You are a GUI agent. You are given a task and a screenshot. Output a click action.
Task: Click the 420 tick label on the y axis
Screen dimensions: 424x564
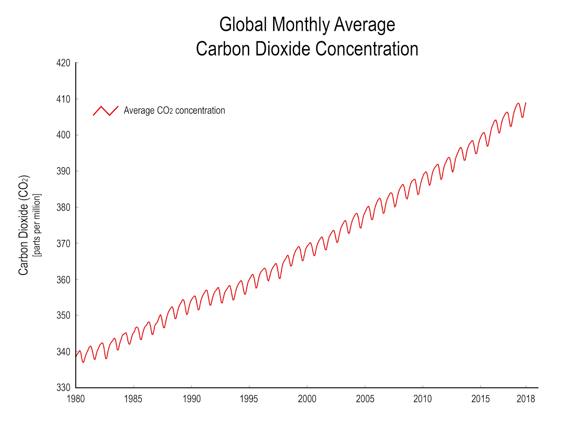[63, 63]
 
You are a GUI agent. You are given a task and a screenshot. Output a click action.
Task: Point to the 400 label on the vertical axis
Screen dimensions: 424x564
[63, 135]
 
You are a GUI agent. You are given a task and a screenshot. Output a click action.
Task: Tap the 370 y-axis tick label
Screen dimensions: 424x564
[63, 243]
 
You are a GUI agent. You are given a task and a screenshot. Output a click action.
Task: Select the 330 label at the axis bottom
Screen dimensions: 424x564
[63, 387]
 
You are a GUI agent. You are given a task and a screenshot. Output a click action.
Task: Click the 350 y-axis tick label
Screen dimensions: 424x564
[63, 315]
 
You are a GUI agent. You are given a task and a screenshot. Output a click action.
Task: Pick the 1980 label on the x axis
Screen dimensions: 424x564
[76, 399]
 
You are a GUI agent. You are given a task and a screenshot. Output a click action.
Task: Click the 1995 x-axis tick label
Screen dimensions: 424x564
[249, 399]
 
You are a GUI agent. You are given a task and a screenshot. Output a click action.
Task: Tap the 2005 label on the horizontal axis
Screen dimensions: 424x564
[365, 399]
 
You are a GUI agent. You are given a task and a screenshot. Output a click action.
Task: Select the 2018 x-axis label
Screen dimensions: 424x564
[526, 399]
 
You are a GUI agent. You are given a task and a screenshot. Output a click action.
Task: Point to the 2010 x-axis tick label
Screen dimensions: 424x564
[422, 399]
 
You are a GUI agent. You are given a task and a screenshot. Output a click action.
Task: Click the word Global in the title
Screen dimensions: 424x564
[243, 25]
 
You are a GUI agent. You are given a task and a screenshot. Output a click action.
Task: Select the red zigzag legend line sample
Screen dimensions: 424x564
[106, 111]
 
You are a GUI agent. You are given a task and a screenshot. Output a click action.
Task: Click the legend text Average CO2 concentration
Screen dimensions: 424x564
[174, 111]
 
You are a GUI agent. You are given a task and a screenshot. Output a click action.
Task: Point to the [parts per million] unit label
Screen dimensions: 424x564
[37, 225]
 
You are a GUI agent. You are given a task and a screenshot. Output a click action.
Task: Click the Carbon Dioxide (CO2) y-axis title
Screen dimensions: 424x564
[23, 225]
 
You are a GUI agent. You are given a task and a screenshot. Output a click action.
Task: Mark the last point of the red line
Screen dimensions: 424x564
[526, 103]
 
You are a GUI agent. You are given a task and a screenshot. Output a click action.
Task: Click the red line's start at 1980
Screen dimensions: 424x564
[76, 356]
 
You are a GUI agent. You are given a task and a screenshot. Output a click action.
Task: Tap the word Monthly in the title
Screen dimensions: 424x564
[301, 25]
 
